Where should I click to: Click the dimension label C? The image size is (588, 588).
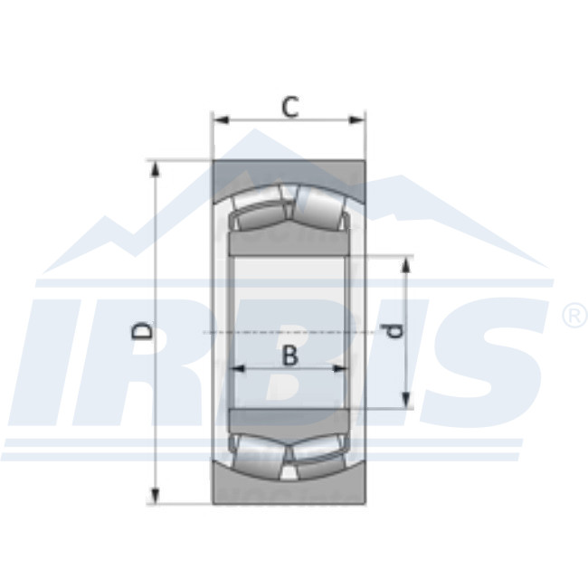(x=289, y=107)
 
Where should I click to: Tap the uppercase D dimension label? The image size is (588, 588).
(x=142, y=332)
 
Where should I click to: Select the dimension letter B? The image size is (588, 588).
(x=289, y=356)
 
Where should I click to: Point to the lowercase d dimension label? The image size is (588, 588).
(x=394, y=331)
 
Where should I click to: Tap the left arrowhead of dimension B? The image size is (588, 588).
(x=238, y=368)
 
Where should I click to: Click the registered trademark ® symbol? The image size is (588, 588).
(x=574, y=316)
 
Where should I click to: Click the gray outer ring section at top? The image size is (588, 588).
(x=289, y=173)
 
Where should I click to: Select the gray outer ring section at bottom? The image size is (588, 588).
(x=289, y=492)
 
